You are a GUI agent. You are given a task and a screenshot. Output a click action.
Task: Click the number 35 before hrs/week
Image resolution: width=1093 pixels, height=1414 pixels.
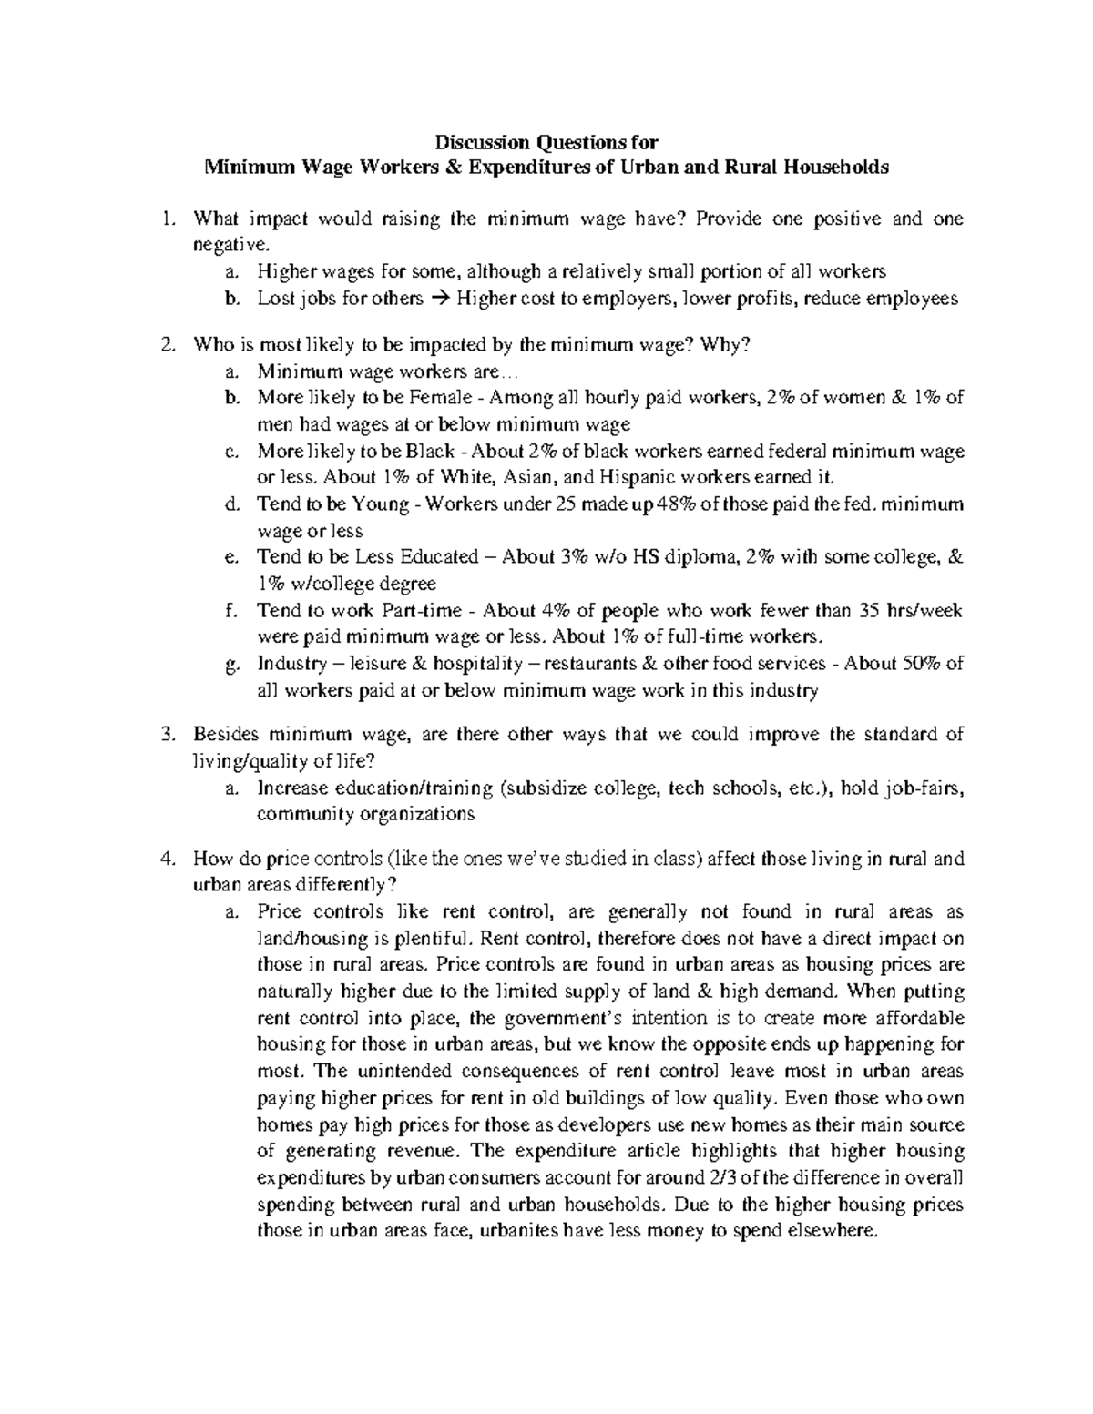click(x=872, y=610)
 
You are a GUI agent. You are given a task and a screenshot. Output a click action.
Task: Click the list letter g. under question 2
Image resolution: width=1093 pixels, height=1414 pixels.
click(x=230, y=664)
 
